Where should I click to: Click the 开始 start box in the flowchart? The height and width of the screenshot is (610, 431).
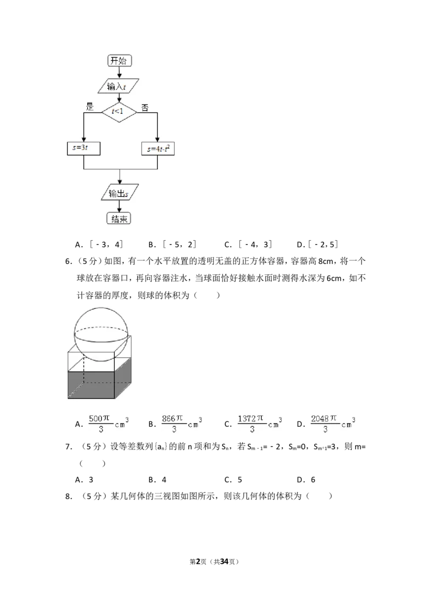pos(120,61)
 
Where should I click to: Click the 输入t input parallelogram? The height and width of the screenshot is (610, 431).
pos(117,86)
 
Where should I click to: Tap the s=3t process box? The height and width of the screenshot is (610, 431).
pos(84,148)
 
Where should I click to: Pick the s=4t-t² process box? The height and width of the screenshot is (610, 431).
pos(157,149)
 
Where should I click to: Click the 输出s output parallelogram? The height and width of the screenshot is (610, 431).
pos(120,193)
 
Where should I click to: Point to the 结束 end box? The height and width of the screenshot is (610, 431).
pos(119,219)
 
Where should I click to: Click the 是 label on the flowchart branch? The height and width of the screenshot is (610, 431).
pos(90,107)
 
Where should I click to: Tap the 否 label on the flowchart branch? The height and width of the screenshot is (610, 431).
pos(145,107)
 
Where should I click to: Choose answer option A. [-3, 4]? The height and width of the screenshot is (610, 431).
pos(99,245)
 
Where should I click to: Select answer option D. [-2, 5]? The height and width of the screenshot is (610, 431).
pos(317,245)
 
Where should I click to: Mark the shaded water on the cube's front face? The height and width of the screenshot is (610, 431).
pos(91,385)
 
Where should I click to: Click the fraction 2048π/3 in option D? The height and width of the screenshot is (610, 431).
pos(324,424)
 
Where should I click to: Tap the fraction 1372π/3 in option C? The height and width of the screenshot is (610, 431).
pos(251,424)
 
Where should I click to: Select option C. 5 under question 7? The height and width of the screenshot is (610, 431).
pos(233,480)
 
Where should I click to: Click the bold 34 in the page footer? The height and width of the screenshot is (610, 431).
pos(224,562)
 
